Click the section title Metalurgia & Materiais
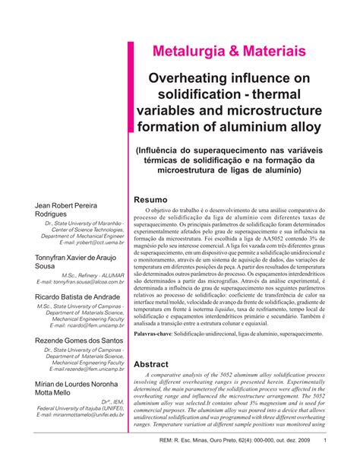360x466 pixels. (x=230, y=52)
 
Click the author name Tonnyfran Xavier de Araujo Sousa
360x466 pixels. (x=74, y=263)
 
